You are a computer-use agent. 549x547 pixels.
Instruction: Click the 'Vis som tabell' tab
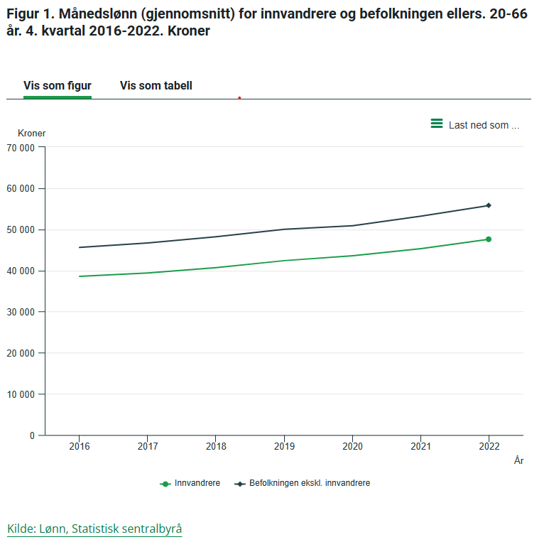[x=156, y=86]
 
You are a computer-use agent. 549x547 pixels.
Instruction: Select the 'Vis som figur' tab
[x=58, y=86]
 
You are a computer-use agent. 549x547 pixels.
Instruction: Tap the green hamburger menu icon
[x=437, y=124]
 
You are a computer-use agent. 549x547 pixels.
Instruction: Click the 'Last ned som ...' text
[x=484, y=125]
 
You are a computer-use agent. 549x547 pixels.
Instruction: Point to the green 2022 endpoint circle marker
[x=489, y=239]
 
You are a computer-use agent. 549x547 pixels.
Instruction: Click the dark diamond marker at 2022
[x=489, y=205]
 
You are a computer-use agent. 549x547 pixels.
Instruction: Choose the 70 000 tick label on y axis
[x=21, y=148]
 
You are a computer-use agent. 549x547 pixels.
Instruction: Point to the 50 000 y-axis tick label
[x=21, y=230]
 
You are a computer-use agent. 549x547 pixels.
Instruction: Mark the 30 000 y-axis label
[x=21, y=312]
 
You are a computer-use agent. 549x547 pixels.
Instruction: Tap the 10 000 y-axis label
[x=21, y=395]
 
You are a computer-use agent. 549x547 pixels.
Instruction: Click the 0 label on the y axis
[x=32, y=435]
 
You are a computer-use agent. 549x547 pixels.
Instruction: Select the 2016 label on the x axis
[x=79, y=446]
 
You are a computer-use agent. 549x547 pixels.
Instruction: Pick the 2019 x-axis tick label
[x=284, y=446]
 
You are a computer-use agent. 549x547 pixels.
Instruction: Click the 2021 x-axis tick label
[x=420, y=446]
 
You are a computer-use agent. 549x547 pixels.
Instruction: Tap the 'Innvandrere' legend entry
[x=190, y=483]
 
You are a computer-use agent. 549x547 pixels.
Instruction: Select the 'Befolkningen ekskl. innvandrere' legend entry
[x=302, y=483]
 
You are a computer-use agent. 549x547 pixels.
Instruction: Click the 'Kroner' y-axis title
[x=31, y=133]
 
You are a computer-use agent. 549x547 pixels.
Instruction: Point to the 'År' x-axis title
[x=518, y=460]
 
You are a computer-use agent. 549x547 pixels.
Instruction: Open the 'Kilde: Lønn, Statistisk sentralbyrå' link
[x=94, y=529]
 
